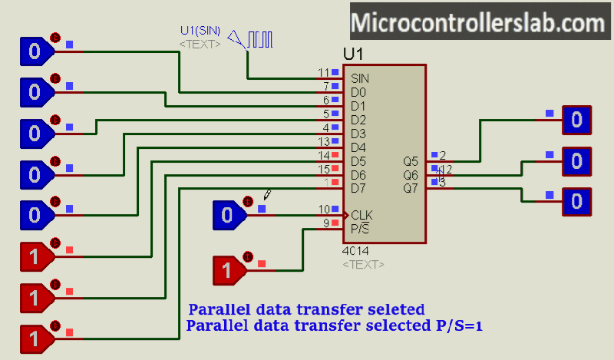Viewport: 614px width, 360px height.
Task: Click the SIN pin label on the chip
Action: [359, 78]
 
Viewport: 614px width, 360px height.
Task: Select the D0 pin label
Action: [358, 92]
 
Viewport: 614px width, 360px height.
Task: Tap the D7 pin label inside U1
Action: [358, 188]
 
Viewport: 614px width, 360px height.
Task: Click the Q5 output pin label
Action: [411, 162]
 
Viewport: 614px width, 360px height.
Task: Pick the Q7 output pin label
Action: [411, 188]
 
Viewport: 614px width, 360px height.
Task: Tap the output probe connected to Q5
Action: [576, 120]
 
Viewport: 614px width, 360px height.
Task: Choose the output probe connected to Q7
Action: [576, 202]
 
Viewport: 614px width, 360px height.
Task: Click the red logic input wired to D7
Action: [34, 337]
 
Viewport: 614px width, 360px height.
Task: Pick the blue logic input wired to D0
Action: [34, 51]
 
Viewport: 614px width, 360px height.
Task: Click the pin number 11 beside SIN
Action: [323, 73]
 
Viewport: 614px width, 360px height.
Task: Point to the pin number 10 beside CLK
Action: [323, 209]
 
